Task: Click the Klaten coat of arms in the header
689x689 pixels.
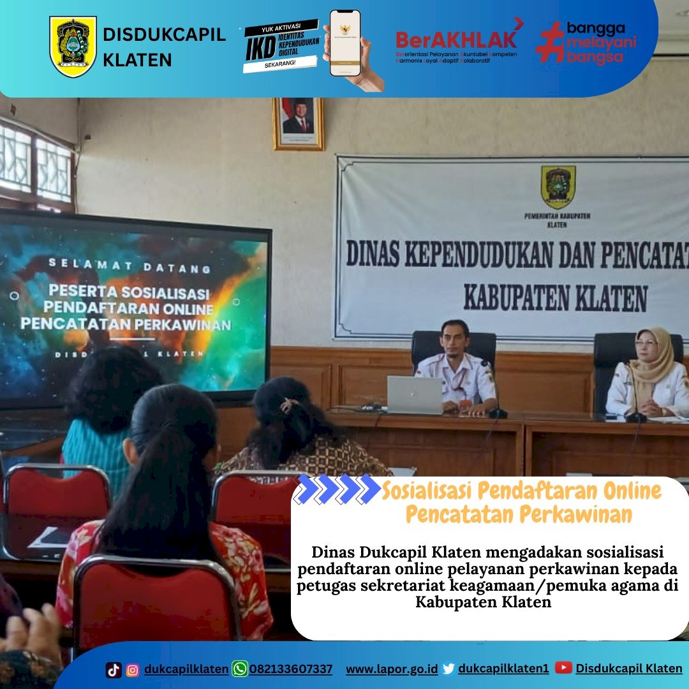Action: click(x=73, y=47)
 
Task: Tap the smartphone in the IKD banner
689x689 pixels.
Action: click(x=345, y=43)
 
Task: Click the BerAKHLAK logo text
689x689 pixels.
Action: click(x=456, y=40)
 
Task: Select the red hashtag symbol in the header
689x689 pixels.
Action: click(x=549, y=43)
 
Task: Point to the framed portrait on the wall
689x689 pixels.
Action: click(x=298, y=123)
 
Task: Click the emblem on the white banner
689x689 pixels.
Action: click(x=558, y=187)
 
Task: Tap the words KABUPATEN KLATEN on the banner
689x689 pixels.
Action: click(x=555, y=298)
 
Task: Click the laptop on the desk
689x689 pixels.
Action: click(x=415, y=395)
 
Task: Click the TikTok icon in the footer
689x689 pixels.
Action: click(x=114, y=669)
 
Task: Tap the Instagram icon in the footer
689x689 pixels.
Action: click(x=133, y=669)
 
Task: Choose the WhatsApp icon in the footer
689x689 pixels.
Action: click(x=240, y=669)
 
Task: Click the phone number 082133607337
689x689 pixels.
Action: click(x=291, y=669)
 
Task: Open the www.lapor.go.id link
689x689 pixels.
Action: click(x=392, y=669)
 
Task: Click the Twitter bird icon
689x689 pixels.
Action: click(x=448, y=669)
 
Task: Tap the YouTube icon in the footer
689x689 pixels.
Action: click(x=563, y=668)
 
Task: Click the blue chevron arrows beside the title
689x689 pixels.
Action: click(x=338, y=489)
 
